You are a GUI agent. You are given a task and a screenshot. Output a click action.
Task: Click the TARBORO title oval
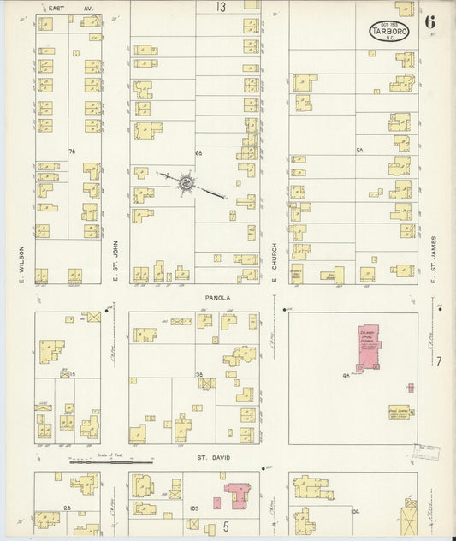pyautogui.click(x=388, y=31)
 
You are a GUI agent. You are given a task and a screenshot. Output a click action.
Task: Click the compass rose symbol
pyautogui.click(x=186, y=182)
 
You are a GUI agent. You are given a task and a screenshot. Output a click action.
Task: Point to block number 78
pyautogui.click(x=72, y=152)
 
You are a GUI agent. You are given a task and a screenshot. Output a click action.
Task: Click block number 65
pyautogui.click(x=198, y=152)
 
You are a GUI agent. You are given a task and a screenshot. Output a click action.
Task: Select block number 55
pyautogui.click(x=359, y=151)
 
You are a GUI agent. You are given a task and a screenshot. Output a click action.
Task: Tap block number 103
pyautogui.click(x=194, y=508)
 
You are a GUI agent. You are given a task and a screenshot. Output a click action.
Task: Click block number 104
pyautogui.click(x=354, y=511)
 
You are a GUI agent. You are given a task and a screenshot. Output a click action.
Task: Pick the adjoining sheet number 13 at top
pyautogui.click(x=221, y=7)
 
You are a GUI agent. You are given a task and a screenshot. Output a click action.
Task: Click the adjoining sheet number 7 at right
pyautogui.click(x=438, y=362)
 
